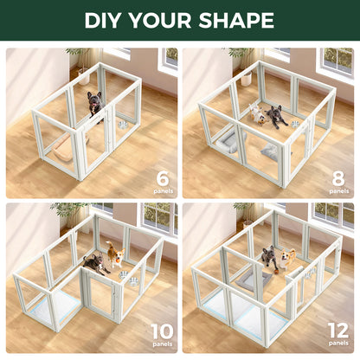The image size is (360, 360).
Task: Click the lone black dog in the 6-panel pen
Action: coord(94,105)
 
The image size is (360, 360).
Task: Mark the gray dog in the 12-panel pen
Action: coord(269,257)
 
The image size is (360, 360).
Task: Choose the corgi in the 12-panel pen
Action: coord(286,258)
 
